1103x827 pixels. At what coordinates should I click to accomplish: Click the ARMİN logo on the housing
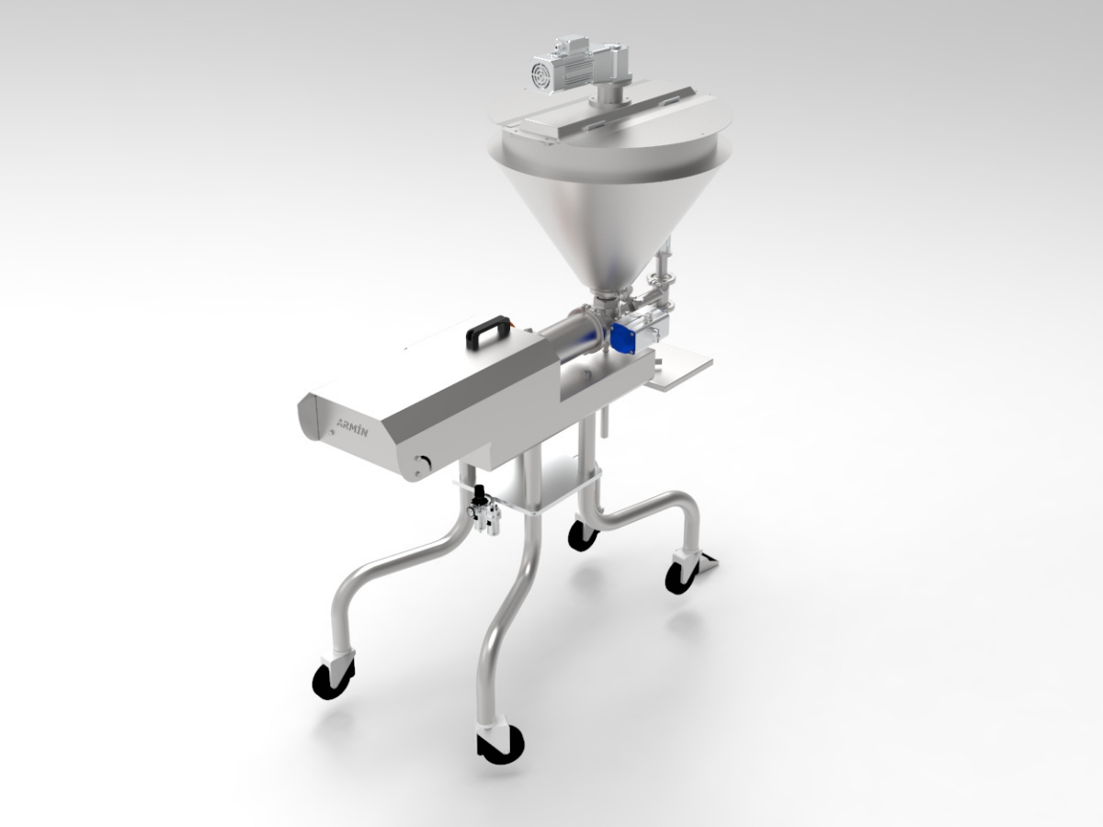[352, 428]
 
